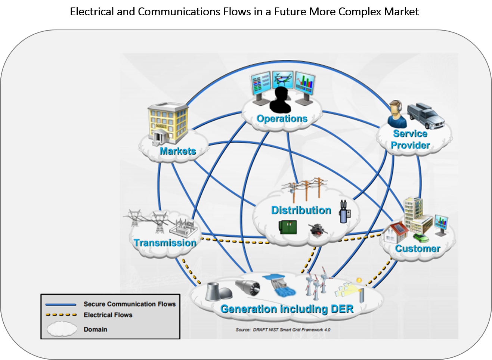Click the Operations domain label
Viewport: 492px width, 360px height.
coord(282,118)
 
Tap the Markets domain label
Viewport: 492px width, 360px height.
coord(178,151)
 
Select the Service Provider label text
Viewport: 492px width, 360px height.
coord(410,140)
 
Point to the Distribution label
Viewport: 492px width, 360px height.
coord(301,210)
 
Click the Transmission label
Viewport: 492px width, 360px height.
coord(165,243)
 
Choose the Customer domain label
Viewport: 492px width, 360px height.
coord(418,248)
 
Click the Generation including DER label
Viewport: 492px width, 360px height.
coord(287,309)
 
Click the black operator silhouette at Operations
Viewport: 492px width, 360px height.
coord(280,100)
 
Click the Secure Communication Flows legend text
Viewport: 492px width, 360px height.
coord(129,304)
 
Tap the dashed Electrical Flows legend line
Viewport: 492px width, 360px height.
coord(61,315)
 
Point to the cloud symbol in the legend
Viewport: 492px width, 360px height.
coord(61,329)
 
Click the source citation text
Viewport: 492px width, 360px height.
coord(283,330)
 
